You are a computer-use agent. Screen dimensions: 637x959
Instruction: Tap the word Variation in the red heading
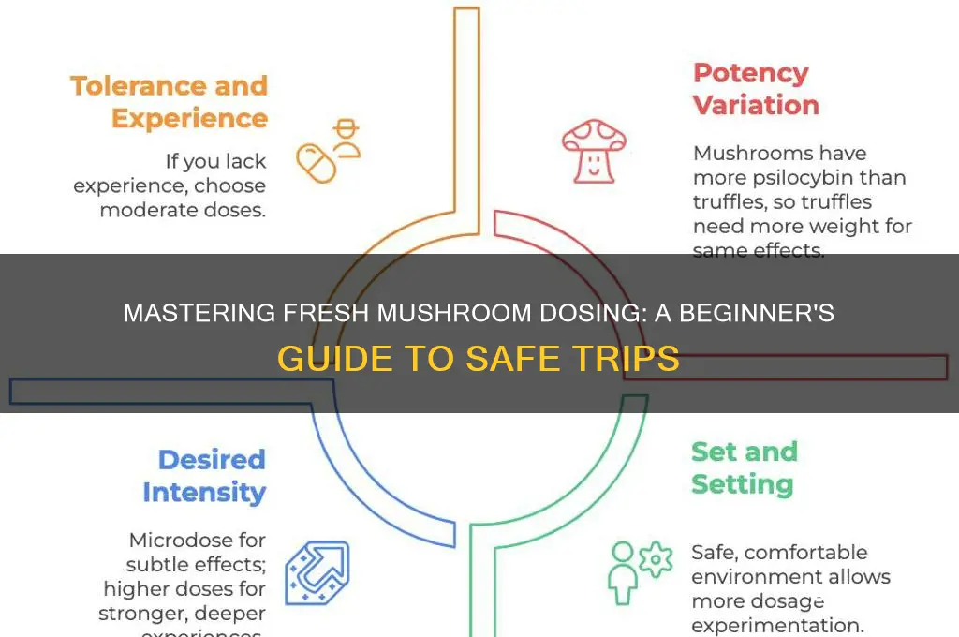(x=756, y=105)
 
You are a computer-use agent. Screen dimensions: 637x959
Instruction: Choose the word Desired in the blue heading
(x=212, y=460)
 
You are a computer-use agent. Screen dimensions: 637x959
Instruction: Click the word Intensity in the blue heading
(x=204, y=492)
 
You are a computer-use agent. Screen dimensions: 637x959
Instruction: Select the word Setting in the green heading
(x=742, y=484)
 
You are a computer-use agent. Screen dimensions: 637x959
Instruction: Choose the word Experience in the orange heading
(x=189, y=118)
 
